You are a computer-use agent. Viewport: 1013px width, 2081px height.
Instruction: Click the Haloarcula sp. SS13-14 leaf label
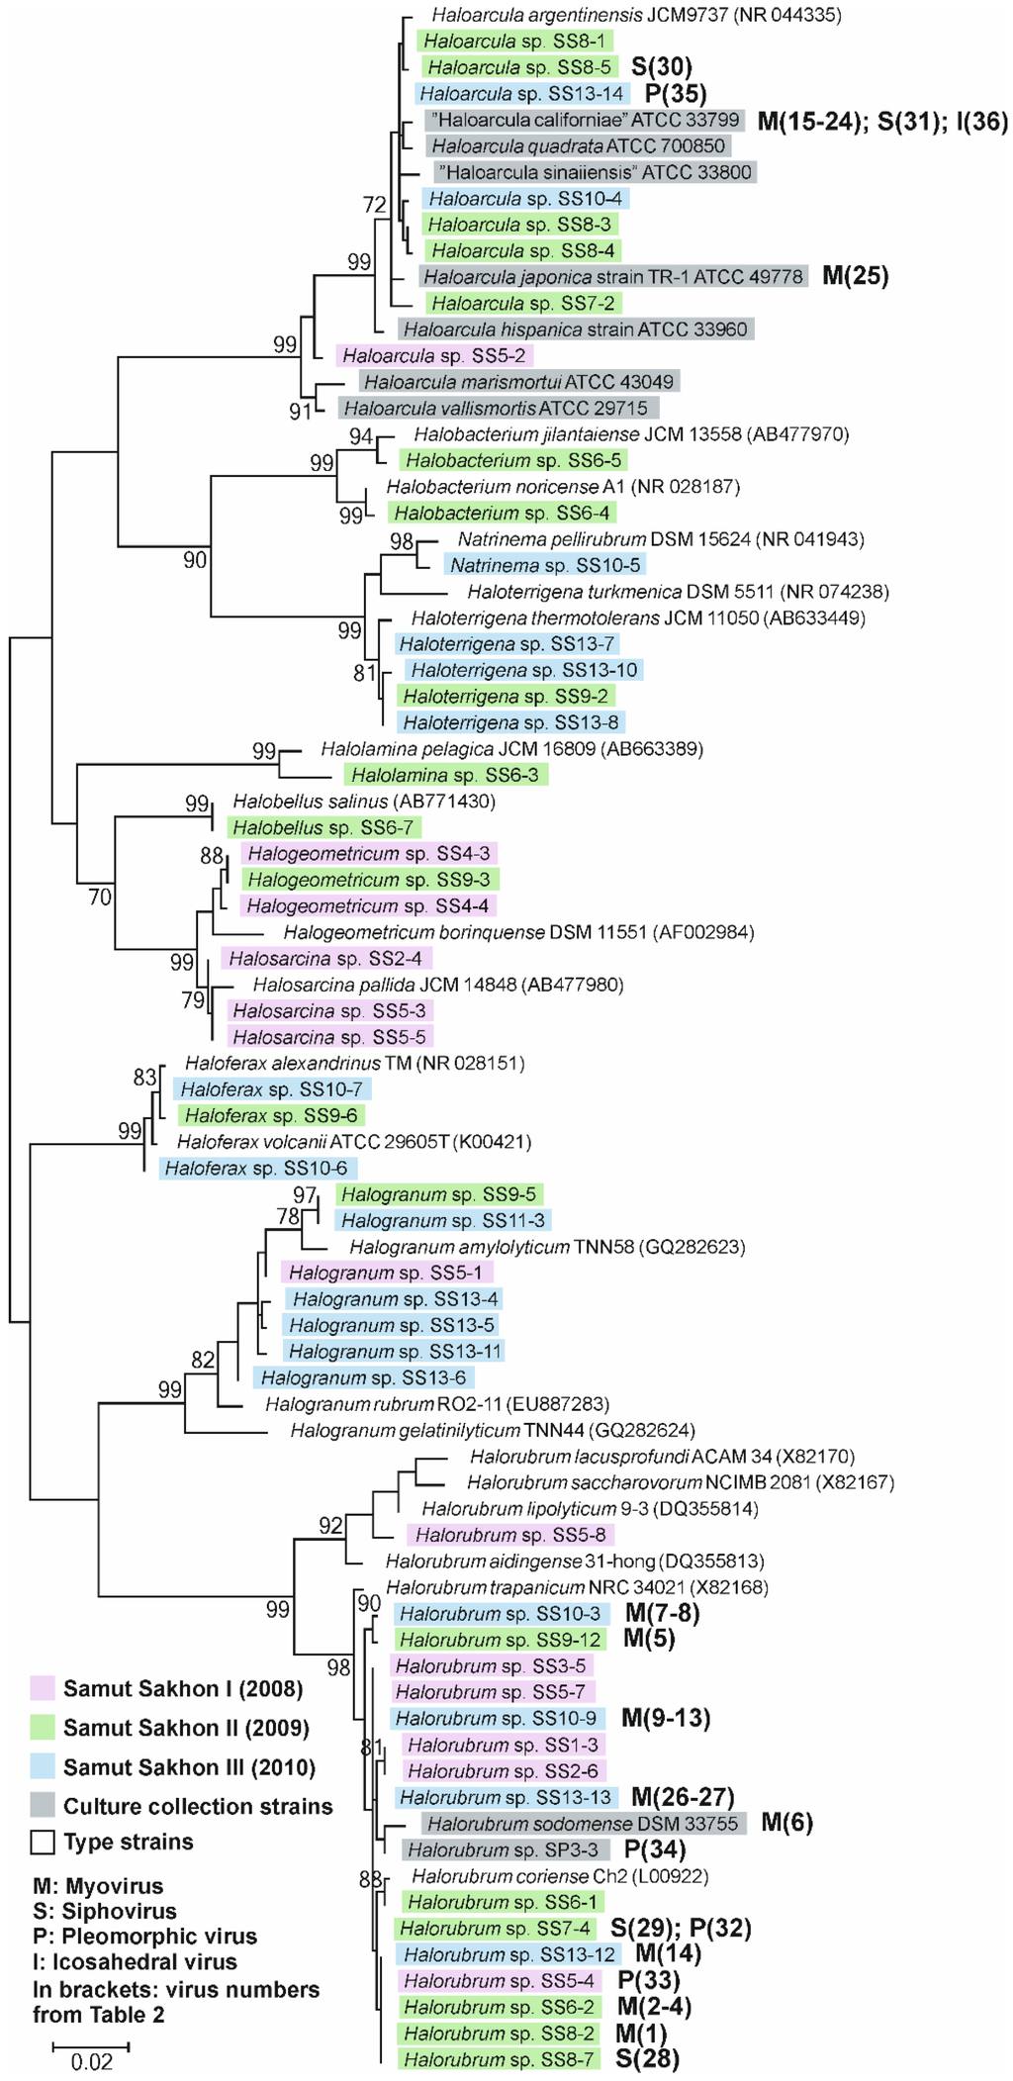pos(521,94)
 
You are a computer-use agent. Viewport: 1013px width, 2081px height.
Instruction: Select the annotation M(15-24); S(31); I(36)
pos(882,121)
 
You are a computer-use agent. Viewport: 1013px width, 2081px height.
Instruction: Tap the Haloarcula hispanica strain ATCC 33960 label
pos(576,329)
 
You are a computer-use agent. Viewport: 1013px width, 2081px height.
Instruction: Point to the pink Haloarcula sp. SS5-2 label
pos(434,355)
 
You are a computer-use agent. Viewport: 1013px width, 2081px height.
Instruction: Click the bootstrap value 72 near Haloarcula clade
pos(375,205)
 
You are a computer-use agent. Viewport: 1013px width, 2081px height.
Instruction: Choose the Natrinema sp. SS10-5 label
pos(544,565)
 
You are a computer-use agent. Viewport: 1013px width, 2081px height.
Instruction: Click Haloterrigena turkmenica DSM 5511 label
pos(678,592)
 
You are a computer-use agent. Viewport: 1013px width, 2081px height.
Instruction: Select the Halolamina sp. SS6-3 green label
pos(445,775)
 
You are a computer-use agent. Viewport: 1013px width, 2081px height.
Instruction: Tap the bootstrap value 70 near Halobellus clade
pos(100,898)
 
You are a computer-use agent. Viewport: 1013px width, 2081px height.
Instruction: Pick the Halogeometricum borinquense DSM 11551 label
pos(518,932)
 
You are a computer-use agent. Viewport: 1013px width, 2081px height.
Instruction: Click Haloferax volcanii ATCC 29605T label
pos(354,1142)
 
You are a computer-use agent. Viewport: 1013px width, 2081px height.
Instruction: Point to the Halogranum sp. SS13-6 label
pos(363,1377)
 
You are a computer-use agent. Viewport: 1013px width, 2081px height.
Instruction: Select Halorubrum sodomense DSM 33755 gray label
pos(584,1823)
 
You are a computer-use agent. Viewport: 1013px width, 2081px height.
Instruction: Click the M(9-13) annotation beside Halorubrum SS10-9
pos(666,1718)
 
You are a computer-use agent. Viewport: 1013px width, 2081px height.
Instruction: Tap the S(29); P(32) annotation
pos(681,1928)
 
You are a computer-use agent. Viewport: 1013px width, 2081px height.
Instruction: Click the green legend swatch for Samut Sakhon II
pos(42,1728)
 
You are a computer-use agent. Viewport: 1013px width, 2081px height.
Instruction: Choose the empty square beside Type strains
pos(42,1842)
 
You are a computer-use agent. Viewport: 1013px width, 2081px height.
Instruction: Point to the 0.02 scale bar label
pos(91,2062)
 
